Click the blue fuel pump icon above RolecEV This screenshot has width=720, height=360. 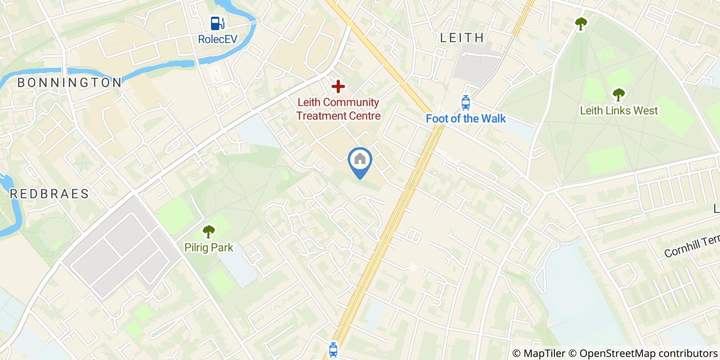point(217,23)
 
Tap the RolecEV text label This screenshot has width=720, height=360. point(217,39)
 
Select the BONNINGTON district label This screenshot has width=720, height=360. point(69,82)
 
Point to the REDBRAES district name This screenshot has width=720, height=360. point(49,194)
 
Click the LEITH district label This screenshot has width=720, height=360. point(462,38)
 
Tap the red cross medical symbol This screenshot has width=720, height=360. point(338,86)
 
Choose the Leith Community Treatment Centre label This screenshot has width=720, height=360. point(338,109)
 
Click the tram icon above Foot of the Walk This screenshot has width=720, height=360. point(465,102)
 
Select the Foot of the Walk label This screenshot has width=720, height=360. point(465,119)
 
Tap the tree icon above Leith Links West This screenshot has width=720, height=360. point(618,95)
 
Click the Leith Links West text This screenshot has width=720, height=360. point(618,111)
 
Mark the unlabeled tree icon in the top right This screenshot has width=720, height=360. point(581,24)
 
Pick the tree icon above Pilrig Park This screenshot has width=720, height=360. point(208,231)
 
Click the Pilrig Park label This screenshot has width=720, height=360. point(208,248)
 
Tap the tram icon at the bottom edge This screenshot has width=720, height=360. point(333,351)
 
